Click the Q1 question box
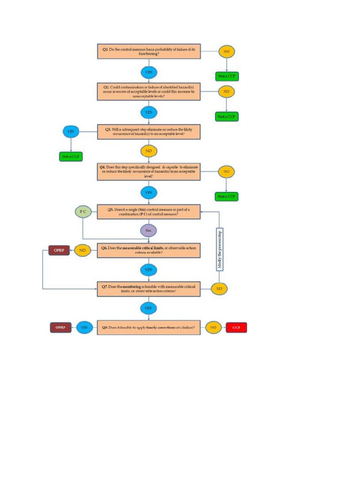click(x=149, y=51)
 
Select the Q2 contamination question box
click(x=149, y=92)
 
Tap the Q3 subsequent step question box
click(x=149, y=132)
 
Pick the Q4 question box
click(x=149, y=172)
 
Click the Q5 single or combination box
click(x=149, y=211)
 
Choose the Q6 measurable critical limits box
click(x=149, y=250)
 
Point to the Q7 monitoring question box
click(x=149, y=288)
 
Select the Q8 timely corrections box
click(x=149, y=327)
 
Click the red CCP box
click(x=236, y=328)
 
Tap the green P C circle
click(x=83, y=211)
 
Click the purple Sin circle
click(x=149, y=231)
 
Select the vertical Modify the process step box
click(x=219, y=249)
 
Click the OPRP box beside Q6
click(x=59, y=250)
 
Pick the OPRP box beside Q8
click(x=60, y=328)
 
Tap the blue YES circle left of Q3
click(x=71, y=132)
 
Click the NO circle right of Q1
click(x=226, y=51)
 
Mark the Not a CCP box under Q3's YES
click(x=71, y=157)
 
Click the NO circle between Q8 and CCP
click(x=213, y=328)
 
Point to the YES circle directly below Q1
click(x=149, y=72)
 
